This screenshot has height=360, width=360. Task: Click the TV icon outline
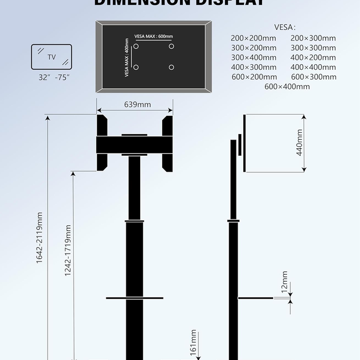pyautogui.click(x=51, y=56)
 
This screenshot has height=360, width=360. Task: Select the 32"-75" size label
pyautogui.click(x=54, y=78)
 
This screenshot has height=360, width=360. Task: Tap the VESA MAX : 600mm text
pyautogui.click(x=153, y=37)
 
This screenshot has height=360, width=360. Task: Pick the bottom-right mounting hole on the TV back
pyautogui.click(x=171, y=67)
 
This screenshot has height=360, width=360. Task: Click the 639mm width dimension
pyautogui.click(x=137, y=105)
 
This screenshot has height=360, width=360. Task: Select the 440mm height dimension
pyautogui.click(x=300, y=143)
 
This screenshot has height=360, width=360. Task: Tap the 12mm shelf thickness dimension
pyautogui.click(x=285, y=281)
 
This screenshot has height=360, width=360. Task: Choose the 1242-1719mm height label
pyautogui.click(x=68, y=250)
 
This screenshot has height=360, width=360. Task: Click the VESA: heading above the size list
pyautogui.click(x=285, y=27)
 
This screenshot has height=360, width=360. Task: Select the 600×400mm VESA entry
pyautogui.click(x=287, y=86)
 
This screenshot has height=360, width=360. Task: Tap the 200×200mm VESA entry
pyautogui.click(x=253, y=38)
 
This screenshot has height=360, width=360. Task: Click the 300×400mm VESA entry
pyautogui.click(x=253, y=58)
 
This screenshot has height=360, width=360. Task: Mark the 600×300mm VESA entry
pyautogui.click(x=313, y=76)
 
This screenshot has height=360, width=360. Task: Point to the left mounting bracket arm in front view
pyautogui.click(x=102, y=143)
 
